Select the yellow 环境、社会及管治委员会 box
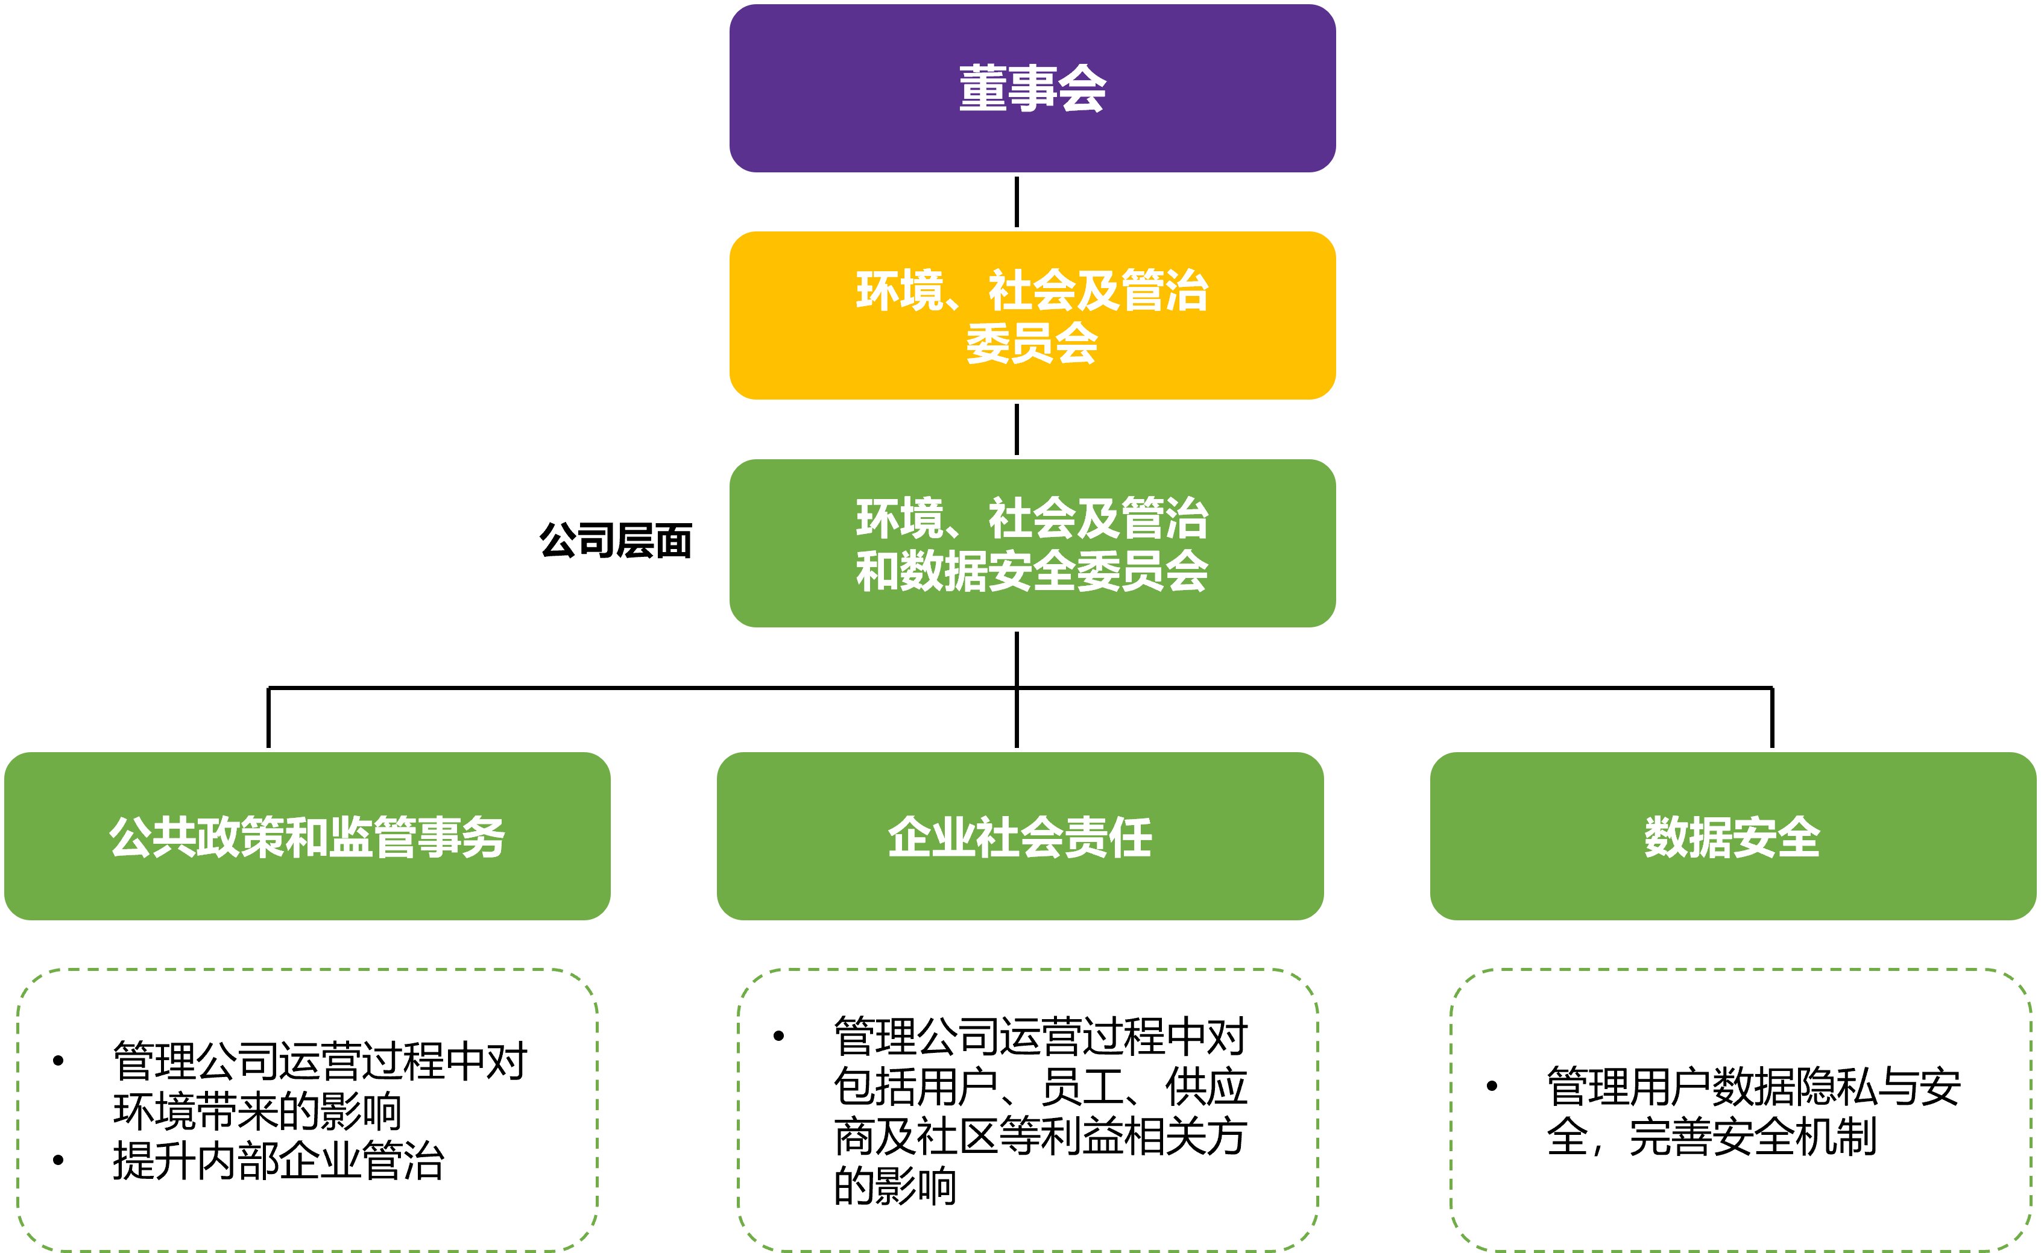point(1032,316)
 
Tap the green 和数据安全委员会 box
point(1032,544)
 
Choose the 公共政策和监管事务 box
point(308,836)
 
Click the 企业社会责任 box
point(1020,836)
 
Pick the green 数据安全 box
point(1733,836)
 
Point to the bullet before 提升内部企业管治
point(58,1160)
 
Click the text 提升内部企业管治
point(279,1161)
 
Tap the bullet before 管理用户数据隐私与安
point(1491,1085)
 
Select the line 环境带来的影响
point(257,1111)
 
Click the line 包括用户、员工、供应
point(1040,1087)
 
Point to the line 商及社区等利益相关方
point(1040,1136)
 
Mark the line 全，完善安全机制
point(1711,1137)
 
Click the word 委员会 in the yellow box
point(1032,343)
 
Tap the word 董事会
point(1032,89)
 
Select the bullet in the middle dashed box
point(778,1036)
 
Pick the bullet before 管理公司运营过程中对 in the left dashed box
point(58,1061)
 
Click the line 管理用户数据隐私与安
point(1753,1087)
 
